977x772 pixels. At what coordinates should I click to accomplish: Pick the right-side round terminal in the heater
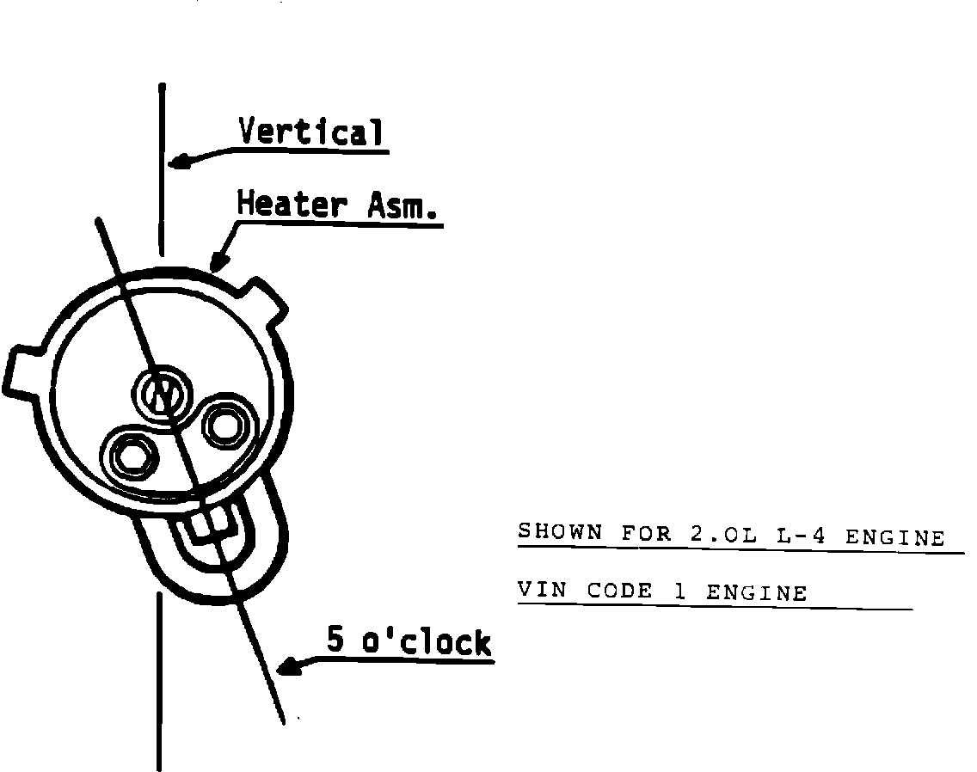point(227,421)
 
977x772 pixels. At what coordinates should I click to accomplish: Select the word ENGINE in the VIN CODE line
point(757,593)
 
